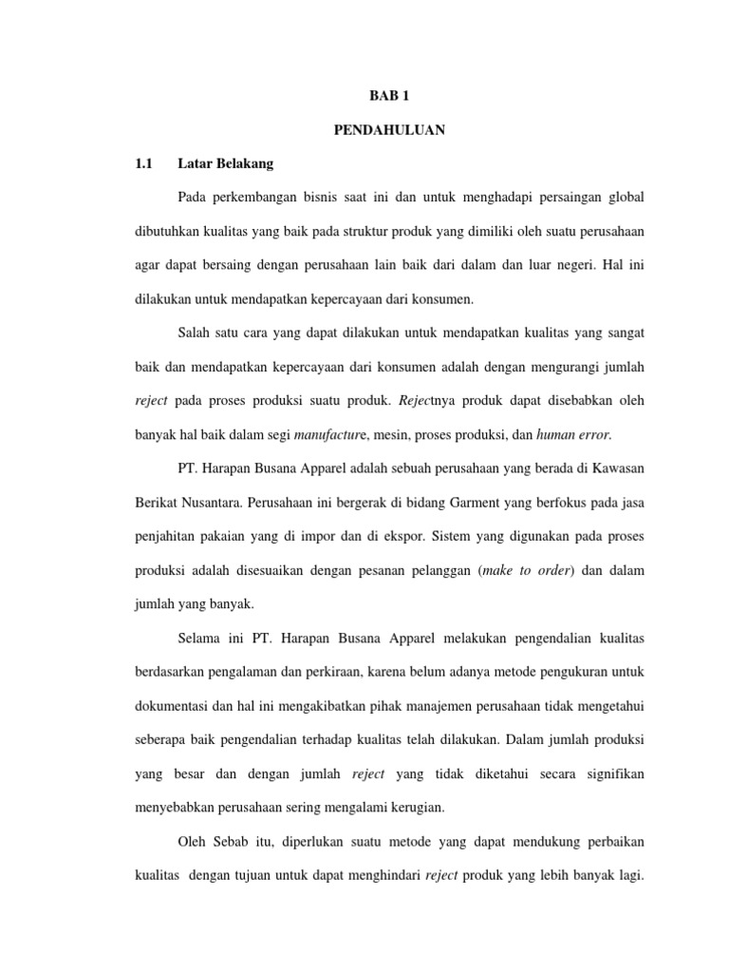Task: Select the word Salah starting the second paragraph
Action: tap(195, 333)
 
